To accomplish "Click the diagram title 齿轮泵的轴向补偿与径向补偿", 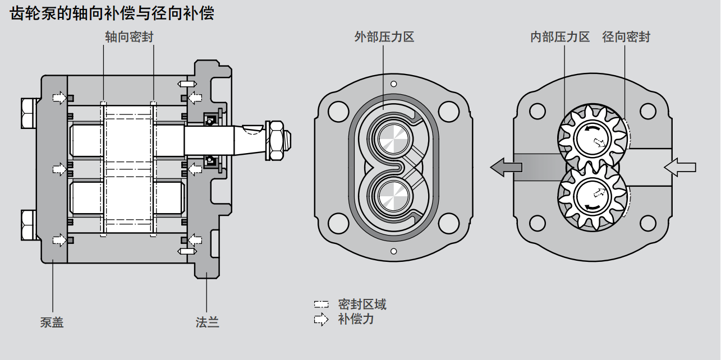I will click(112, 14).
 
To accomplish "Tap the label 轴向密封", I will click(129, 38).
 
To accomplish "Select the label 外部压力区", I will click(384, 38).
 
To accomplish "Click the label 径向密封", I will click(626, 38).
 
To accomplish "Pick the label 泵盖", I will click(52, 322).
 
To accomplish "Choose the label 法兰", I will click(207, 322).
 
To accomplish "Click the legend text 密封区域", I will click(362, 304).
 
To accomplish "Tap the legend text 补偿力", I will click(356, 320).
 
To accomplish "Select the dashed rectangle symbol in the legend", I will click(321, 305).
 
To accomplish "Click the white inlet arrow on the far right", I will click(679, 167).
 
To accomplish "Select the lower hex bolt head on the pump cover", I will click(28, 224).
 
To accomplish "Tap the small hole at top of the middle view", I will click(394, 84).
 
